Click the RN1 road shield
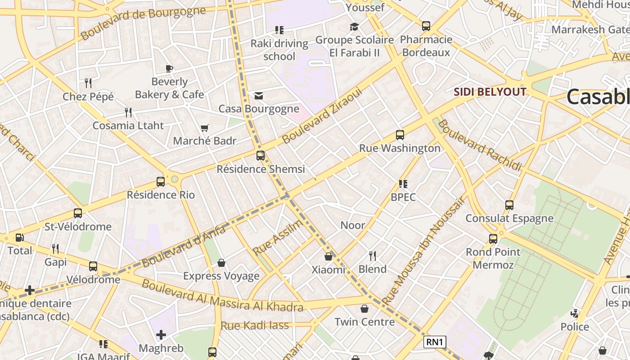coord(435,342)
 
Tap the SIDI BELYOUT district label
coord(490,92)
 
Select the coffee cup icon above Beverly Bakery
coord(169,69)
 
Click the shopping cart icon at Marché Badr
coord(205,128)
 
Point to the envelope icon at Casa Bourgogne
coord(259,96)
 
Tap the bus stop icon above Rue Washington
coord(400,135)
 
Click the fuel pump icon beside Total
coord(20,238)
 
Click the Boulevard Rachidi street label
coord(480,145)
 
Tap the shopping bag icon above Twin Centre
coord(364,309)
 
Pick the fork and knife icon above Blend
coord(373,256)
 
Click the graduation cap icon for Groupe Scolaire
coord(354,27)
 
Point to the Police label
coord(574,327)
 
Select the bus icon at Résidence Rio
coord(161,182)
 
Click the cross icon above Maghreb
coord(161,335)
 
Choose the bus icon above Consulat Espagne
coord(509,205)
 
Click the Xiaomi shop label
coord(328,270)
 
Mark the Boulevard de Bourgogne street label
coord(143,22)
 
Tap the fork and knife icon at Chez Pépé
coord(88,83)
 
